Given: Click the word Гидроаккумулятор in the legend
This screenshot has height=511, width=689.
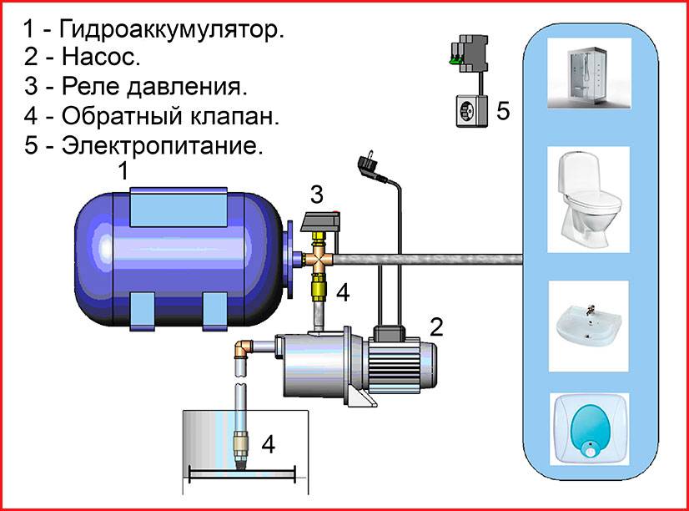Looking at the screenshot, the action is coord(171,29).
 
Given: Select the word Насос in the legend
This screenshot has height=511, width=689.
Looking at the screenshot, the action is coord(101,56).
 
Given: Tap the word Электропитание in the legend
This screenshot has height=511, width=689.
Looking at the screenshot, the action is coord(162,145).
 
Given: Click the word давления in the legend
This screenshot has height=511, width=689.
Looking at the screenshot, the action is coord(187,86).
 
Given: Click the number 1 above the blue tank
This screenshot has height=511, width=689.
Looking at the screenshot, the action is coord(124,171).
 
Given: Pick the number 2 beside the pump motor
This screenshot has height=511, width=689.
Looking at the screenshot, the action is coord(436,326).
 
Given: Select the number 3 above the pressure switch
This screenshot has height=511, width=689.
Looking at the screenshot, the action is coord(317,195).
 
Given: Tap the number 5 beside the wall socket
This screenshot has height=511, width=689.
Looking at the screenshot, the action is coord(503,110).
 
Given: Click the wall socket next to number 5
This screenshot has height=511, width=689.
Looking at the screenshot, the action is coord(471,111).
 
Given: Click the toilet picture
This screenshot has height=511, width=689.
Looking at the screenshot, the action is coord(588,200).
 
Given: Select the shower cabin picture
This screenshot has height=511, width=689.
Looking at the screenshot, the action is coord(589,73).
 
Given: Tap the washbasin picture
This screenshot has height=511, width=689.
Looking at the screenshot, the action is coord(589,326).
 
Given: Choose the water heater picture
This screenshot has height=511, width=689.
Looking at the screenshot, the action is coord(589,429).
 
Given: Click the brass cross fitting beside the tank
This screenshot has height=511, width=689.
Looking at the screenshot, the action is coord(319,260).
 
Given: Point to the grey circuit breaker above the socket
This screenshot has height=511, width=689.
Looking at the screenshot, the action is coord(470,53).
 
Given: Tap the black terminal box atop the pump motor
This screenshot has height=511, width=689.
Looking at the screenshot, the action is coord(389,333).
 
